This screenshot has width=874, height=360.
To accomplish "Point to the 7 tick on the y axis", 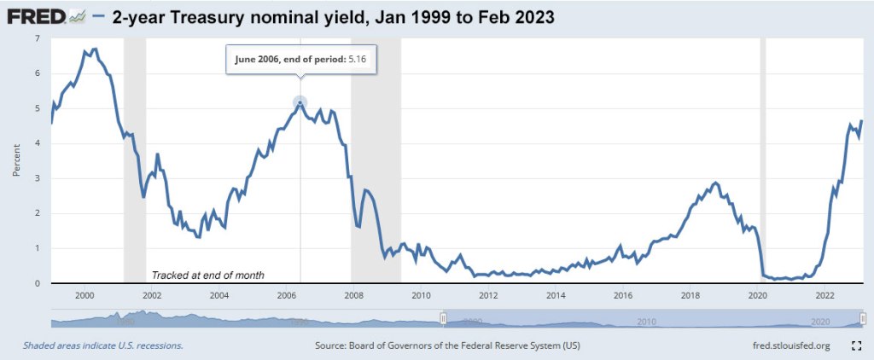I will tap(36, 39).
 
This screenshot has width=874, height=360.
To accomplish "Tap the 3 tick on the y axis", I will tap(36, 178).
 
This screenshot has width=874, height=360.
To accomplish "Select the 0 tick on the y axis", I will tap(36, 283).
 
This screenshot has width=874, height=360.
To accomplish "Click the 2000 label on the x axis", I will tap(84, 296).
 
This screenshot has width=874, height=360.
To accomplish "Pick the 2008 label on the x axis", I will tap(353, 296).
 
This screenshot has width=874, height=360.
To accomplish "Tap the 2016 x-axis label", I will tap(622, 296).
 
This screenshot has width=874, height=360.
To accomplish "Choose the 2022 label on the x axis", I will tap(824, 296).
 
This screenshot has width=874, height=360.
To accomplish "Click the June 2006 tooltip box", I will tap(300, 61).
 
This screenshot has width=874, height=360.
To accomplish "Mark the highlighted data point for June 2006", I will tap(300, 103).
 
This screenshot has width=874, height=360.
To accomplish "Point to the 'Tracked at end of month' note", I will tap(207, 275).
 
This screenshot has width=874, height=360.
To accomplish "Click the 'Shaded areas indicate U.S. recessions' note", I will tap(102, 345).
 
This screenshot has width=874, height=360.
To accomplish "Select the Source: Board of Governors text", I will tap(448, 345).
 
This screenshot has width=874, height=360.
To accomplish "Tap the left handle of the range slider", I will tap(443, 319).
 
